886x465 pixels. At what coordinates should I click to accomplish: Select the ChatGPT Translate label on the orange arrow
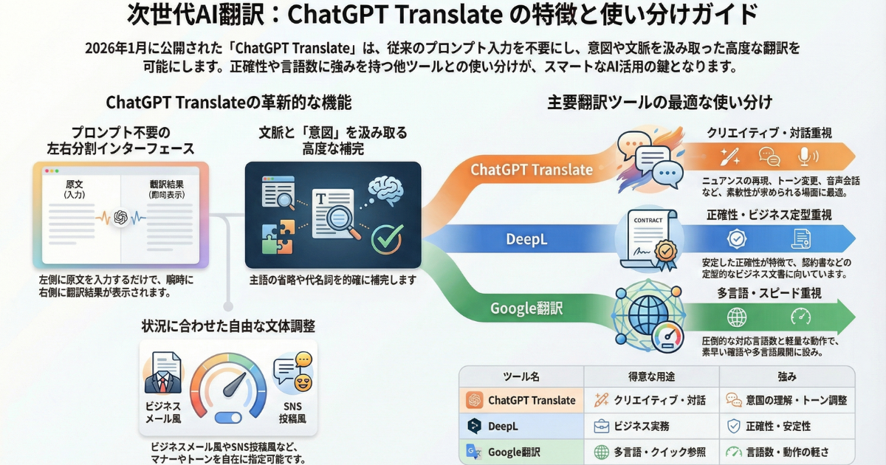click(x=532, y=170)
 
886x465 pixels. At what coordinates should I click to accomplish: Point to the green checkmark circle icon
click(x=386, y=238)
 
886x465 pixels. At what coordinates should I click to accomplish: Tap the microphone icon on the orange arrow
click(x=805, y=156)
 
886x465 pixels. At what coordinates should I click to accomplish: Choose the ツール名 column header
click(x=521, y=376)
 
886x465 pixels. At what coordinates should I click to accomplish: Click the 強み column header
click(x=786, y=376)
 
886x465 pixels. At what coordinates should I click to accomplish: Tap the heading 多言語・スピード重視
click(x=769, y=293)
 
